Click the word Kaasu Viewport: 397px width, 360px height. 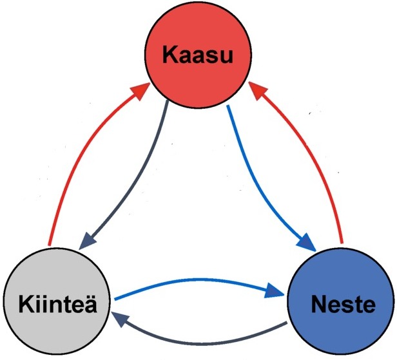click(197, 55)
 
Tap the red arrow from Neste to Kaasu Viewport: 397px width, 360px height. click(322, 167)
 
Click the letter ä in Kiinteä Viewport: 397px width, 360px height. click(90, 303)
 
